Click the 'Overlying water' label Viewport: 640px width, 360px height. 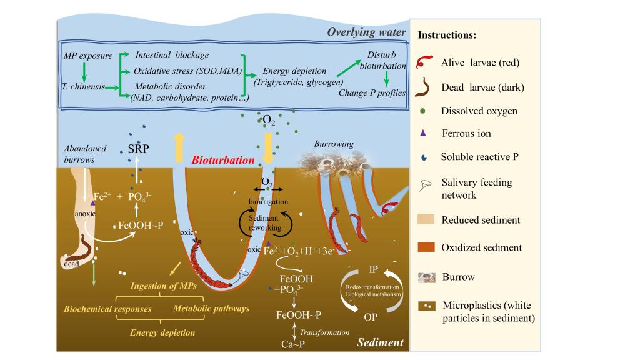[x=366, y=32]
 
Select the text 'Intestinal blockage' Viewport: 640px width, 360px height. [x=172, y=55]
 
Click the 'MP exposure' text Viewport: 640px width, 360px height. [x=88, y=56]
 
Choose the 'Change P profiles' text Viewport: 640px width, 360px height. [x=373, y=93]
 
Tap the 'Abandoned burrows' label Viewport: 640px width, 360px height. [x=85, y=154]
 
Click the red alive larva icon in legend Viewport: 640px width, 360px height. [x=426, y=62]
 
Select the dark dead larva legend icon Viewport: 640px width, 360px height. [x=426, y=86]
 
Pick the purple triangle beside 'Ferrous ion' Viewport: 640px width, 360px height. [x=426, y=132]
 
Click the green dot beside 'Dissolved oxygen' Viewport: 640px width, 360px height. [x=426, y=111]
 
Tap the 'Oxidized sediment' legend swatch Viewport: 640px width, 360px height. [x=426, y=247]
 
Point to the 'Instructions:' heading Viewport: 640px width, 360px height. [x=447, y=35]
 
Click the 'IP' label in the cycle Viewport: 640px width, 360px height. [x=373, y=269]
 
